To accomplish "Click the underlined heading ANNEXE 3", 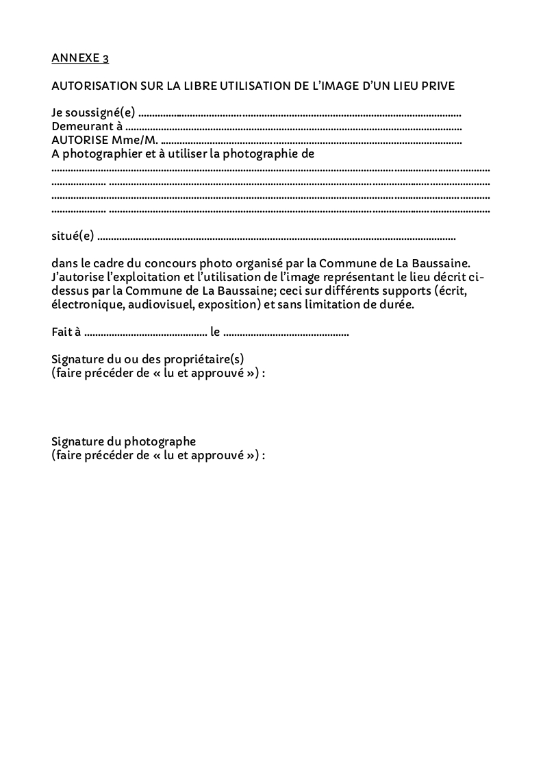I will (x=79, y=58).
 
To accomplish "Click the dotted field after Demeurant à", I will (x=294, y=127).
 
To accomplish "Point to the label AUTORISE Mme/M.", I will (x=105, y=141).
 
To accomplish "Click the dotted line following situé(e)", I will (x=277, y=237).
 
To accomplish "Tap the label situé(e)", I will (x=73, y=236).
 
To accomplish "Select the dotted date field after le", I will (x=286, y=333).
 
